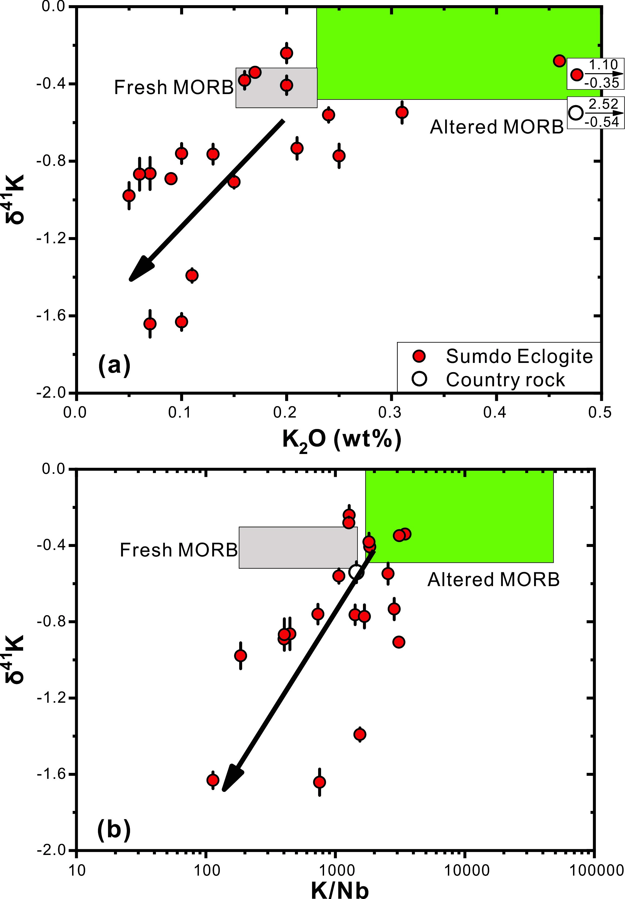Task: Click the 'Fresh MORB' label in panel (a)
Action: point(174,87)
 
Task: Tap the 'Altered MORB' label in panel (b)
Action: point(493,579)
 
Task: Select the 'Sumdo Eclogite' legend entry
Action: point(519,356)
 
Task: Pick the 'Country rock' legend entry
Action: point(505,380)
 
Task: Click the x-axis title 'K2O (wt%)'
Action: point(341,440)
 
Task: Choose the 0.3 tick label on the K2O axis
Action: point(391,413)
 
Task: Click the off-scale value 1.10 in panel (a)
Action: point(604,65)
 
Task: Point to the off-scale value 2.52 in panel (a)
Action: point(604,104)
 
